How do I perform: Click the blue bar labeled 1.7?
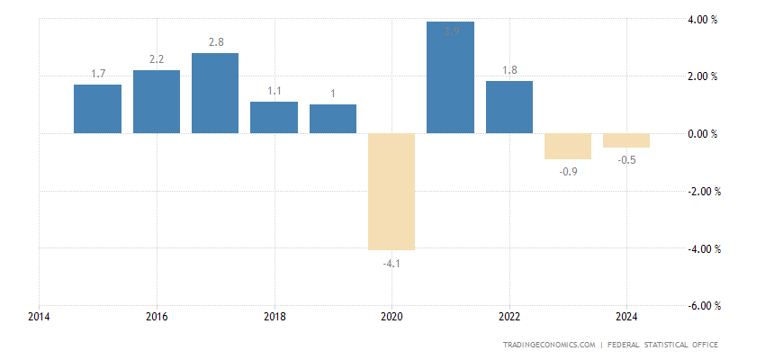pos(97,109)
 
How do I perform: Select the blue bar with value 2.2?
pos(157,102)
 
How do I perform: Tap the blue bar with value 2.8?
pos(215,93)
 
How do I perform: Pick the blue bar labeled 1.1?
pos(274,117)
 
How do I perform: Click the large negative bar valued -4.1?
pos(391,191)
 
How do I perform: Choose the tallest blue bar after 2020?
pos(450,77)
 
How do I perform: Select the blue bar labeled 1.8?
pos(509,107)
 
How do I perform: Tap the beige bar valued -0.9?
pos(568,146)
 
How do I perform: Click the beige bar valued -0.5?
pos(626,140)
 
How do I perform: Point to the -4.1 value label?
pos(391,264)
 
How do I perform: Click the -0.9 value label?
pos(568,171)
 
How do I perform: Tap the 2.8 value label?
pos(215,41)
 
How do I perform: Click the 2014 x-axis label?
pos(39,318)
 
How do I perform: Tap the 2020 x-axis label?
pos(391,318)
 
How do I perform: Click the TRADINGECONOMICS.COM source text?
pos(549,345)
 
